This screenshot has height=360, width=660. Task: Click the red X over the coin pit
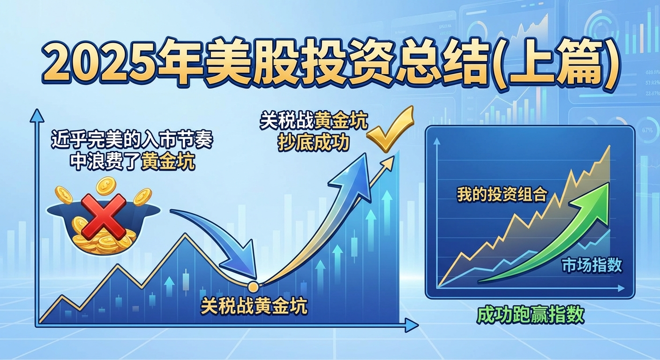pyautogui.click(x=104, y=216)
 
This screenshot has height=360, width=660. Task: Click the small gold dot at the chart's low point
pyautogui.click(x=253, y=285)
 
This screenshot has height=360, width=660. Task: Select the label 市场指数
pyautogui.click(x=592, y=265)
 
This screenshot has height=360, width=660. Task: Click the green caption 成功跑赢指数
pyautogui.click(x=530, y=315)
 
